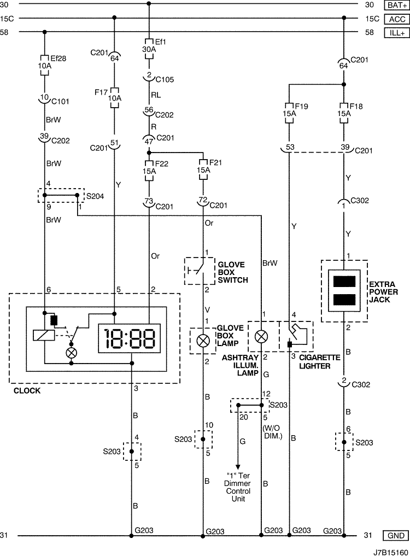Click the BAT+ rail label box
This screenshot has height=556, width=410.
[397, 5]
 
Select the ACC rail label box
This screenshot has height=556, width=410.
[397, 19]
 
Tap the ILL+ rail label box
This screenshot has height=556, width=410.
[397, 33]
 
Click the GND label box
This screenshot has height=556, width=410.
[396, 535]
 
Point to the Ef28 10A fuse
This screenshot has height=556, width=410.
[45, 66]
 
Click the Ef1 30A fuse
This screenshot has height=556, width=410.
[149, 49]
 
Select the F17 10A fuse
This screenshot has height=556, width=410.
[114, 97]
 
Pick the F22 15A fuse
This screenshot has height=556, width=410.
[149, 171]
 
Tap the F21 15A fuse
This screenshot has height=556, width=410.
[203, 170]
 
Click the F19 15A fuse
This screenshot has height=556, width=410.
[289, 113]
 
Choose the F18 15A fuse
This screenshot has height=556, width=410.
[344, 113]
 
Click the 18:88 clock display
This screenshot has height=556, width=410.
[129, 338]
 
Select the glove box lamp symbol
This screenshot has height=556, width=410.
[203, 341]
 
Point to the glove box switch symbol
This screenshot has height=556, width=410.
[200, 271]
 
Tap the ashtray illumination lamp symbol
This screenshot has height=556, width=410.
[261, 337]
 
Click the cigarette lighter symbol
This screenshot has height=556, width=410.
[296, 336]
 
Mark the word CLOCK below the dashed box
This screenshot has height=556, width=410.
[27, 391]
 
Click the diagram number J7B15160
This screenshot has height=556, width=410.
[390, 552]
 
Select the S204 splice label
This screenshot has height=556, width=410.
[95, 196]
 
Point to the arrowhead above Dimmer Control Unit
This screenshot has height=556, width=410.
[238, 467]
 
